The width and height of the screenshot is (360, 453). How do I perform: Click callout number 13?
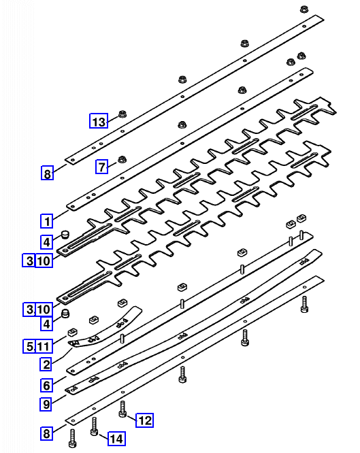[99, 121]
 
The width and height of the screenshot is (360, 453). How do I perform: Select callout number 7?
[102, 167]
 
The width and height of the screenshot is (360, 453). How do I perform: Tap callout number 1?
[47, 221]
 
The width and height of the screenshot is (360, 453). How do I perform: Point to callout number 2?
[46, 364]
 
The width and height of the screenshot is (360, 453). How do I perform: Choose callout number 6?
[46, 385]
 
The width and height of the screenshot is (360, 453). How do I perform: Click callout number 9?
[46, 404]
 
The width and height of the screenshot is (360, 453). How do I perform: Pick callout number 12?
[145, 420]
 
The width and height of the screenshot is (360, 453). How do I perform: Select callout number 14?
[116, 439]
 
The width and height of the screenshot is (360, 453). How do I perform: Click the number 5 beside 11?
[29, 346]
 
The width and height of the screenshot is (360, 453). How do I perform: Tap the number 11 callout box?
[44, 346]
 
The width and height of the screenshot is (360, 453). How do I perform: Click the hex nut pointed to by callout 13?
[122, 114]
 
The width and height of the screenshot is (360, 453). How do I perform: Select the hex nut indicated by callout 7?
[122, 159]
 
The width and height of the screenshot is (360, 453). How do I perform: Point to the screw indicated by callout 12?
[122, 409]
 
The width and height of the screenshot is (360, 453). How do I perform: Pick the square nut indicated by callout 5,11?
[72, 332]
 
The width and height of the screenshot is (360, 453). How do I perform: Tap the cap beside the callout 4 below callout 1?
[65, 233]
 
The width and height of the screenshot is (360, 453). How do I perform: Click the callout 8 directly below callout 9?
[46, 433]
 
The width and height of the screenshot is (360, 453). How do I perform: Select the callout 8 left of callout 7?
[47, 173]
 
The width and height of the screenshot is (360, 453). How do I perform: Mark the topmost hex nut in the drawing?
[304, 9]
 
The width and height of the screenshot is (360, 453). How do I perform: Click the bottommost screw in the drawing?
[72, 438]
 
